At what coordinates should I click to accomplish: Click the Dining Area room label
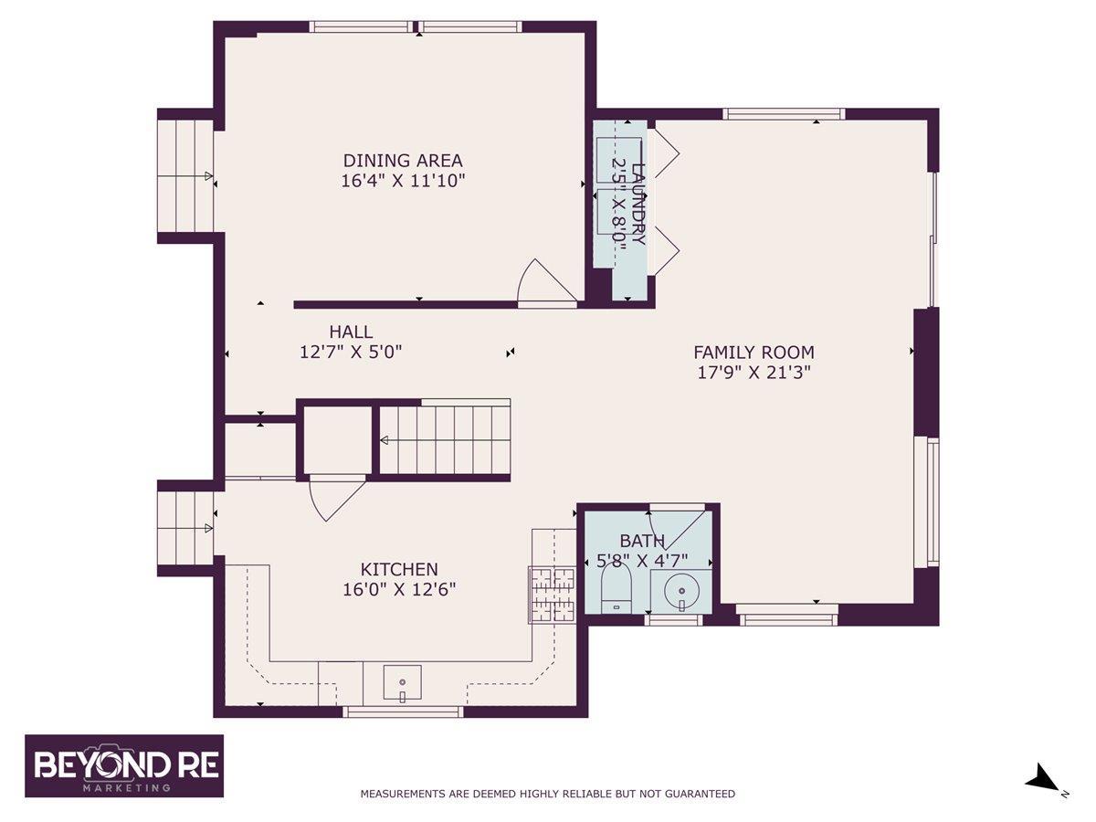(403, 161)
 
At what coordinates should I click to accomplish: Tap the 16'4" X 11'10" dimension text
(403, 181)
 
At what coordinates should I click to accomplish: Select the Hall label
(351, 332)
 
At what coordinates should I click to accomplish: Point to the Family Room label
(754, 353)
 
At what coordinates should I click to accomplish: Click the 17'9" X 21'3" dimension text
(754, 373)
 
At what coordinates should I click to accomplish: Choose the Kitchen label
(399, 569)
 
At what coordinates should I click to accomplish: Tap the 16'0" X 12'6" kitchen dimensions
(399, 590)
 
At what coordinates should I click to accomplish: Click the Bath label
(642, 541)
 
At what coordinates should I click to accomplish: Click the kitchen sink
(403, 682)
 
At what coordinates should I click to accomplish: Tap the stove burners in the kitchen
(553, 595)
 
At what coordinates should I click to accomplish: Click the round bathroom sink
(681, 592)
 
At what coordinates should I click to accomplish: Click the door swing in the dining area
(547, 280)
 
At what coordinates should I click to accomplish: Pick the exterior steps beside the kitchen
(185, 529)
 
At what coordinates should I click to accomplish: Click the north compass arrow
(1041, 790)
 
